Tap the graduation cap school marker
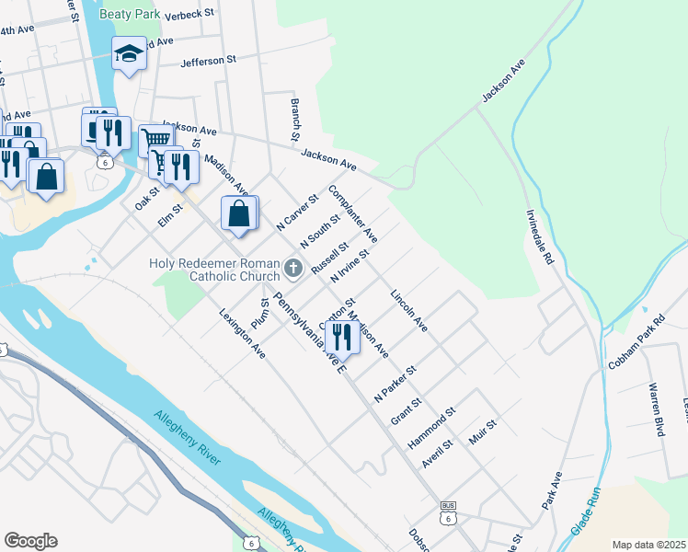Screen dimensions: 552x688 click(x=130, y=54)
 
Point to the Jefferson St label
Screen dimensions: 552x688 click(x=209, y=60)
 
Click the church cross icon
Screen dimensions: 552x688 click(x=293, y=269)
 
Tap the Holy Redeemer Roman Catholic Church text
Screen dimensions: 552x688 click(x=213, y=270)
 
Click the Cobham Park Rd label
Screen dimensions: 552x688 click(x=636, y=343)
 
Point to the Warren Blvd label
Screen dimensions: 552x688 click(x=656, y=409)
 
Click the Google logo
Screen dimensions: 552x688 click(x=30, y=540)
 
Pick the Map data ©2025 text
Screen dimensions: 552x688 click(x=648, y=545)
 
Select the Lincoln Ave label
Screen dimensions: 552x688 click(x=409, y=312)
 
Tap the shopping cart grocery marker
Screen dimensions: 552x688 click(x=156, y=140)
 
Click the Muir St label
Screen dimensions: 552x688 click(x=483, y=432)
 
